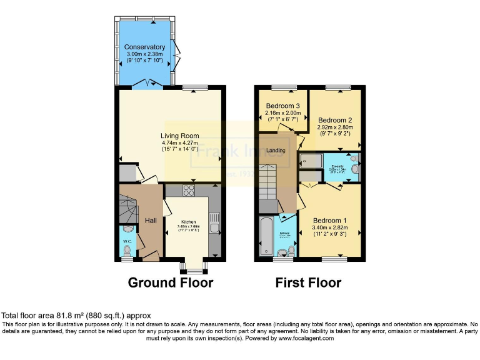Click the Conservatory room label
point(144,47)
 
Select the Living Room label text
point(179,136)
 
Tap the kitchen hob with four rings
point(188,191)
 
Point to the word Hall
point(151,221)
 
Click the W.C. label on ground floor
point(127,241)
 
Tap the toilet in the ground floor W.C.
point(127,251)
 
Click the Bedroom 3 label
point(283,106)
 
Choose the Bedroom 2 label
point(335,120)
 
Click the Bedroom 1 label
point(330,221)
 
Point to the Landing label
point(276,151)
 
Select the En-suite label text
point(336,166)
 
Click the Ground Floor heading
point(170,282)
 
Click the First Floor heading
point(308,282)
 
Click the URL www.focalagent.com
point(306,338)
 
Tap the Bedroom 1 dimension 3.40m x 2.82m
point(330,227)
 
